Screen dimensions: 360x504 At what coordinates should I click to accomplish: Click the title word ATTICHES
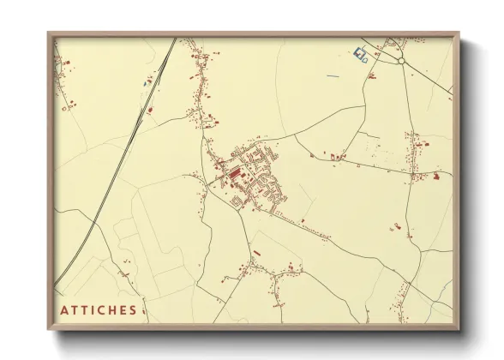[99, 309]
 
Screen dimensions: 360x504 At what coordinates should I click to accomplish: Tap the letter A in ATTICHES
[64, 309]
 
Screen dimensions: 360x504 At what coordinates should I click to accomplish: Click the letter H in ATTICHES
[114, 309]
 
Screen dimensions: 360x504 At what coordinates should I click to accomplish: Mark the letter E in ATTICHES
[123, 309]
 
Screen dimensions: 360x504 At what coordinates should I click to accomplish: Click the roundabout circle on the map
[400, 61]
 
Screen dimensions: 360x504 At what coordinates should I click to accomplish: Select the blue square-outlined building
[358, 53]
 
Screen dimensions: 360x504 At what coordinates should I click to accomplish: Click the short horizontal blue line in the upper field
[333, 76]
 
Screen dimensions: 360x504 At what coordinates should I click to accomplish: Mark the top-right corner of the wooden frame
[459, 33]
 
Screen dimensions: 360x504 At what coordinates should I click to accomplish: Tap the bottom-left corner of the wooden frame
[49, 328]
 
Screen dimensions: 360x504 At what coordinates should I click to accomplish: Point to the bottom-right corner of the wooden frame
[459, 328]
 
